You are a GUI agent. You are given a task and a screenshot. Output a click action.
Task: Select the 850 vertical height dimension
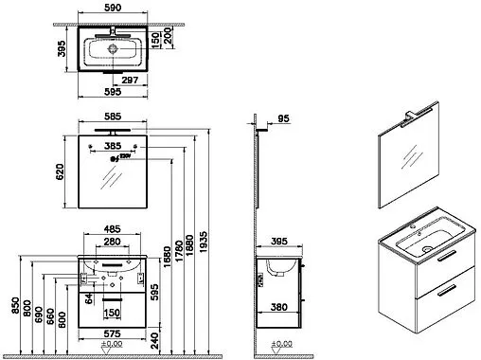(12, 305)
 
